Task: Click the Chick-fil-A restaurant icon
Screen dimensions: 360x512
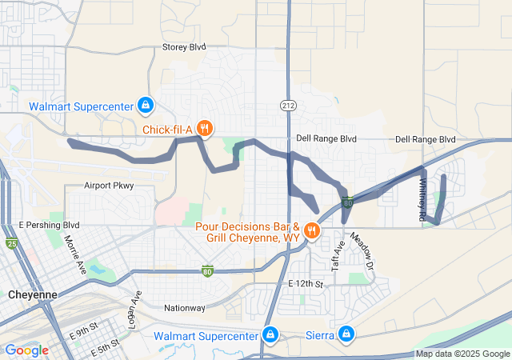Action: [x=205, y=128]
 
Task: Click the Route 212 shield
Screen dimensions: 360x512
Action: [x=288, y=106]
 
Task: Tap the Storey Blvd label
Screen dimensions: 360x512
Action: [x=184, y=47]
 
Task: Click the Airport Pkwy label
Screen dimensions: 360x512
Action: [x=109, y=186]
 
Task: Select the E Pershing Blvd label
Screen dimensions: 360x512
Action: [x=50, y=225]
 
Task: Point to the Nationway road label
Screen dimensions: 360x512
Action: [x=184, y=307]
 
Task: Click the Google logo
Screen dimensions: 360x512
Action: [x=26, y=350]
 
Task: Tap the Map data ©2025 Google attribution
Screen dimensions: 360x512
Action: [x=462, y=354]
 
